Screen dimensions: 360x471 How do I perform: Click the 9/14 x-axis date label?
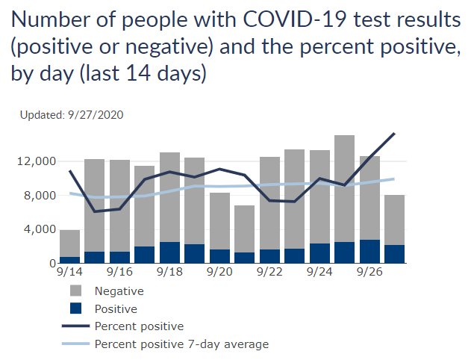pos(70,274)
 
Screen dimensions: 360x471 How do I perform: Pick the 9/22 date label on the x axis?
pos(269,274)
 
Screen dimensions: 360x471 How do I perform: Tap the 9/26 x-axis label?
pos(369,274)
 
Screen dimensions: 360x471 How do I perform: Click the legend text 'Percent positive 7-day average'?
pos(181,344)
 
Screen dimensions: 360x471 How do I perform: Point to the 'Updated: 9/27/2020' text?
pos(72,115)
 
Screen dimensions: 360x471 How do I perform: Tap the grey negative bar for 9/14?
pos(70,243)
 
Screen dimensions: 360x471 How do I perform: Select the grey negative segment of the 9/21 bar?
pos(245,229)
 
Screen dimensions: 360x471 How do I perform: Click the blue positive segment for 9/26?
pos(369,252)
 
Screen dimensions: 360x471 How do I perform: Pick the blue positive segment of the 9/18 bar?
pos(169,252)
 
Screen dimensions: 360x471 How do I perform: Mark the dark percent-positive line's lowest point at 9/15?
pos(95,211)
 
